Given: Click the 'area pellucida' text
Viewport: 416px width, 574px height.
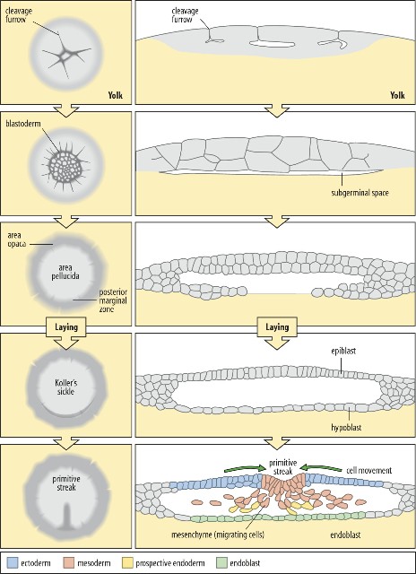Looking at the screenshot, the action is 65,271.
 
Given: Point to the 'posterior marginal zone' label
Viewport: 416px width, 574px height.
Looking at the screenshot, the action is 111,301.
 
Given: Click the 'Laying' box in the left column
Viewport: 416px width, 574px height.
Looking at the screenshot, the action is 65,326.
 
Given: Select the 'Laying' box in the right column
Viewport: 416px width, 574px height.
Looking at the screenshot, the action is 277,326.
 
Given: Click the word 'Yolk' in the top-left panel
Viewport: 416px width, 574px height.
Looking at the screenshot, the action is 115,96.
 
